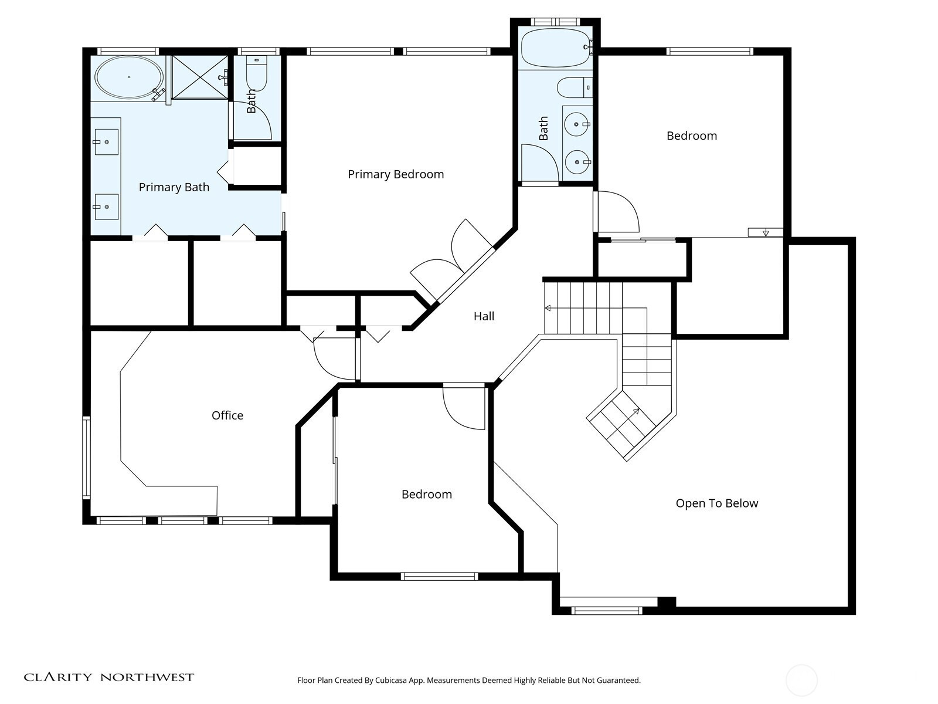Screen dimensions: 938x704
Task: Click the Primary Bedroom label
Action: coord(396,174)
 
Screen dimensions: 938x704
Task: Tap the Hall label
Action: coord(484,316)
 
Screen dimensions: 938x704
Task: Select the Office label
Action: coord(227,415)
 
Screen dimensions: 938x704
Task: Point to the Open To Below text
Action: coord(716,503)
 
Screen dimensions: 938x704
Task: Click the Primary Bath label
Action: coord(174,187)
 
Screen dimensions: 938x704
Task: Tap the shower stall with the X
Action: coord(199,77)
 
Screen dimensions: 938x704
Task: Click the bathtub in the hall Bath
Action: coord(556,48)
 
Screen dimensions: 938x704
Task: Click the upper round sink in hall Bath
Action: coord(577,124)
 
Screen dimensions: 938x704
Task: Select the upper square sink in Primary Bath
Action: coord(107,142)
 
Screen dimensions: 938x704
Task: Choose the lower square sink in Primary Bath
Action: coord(107,207)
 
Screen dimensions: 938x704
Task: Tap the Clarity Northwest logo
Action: coord(108,677)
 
